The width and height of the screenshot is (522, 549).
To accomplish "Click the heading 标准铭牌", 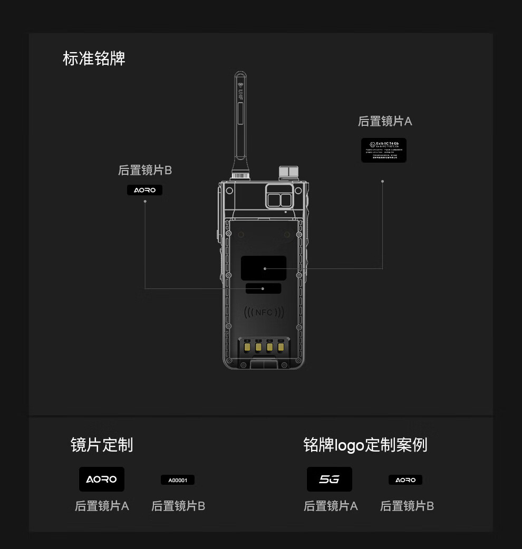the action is pyautogui.click(x=94, y=58).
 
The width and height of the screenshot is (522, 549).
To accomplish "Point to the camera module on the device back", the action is pyautogui.click(x=279, y=196).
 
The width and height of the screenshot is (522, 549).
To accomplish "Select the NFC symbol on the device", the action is pyautogui.click(x=264, y=312).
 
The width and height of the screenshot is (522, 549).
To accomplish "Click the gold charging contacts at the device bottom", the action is pyautogui.click(x=264, y=346).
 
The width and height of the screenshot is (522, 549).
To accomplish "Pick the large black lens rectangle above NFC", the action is pyautogui.click(x=264, y=268).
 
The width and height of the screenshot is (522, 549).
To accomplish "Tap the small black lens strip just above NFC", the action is pyautogui.click(x=263, y=288).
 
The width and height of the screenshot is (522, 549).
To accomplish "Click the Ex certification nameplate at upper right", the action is pyautogui.click(x=383, y=150).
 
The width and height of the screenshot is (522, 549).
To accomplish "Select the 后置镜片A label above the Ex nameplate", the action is pyautogui.click(x=385, y=121).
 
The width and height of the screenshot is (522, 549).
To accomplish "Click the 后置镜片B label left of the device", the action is pyautogui.click(x=145, y=170).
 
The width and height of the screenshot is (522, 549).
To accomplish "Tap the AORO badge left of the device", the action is pyautogui.click(x=144, y=190).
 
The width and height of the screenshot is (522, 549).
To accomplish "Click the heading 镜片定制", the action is pyautogui.click(x=102, y=445).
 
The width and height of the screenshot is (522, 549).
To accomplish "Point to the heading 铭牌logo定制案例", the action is pyautogui.click(x=365, y=445).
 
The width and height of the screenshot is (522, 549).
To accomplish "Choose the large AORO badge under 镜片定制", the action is pyautogui.click(x=102, y=480).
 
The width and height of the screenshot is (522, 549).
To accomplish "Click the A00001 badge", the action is pyautogui.click(x=178, y=480).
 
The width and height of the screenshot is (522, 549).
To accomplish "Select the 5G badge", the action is pyautogui.click(x=330, y=480).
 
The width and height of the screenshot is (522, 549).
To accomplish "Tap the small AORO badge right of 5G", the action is pyautogui.click(x=405, y=480).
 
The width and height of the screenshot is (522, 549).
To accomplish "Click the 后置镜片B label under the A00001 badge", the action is pyautogui.click(x=178, y=506).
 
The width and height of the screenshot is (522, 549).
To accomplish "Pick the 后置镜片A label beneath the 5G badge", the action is pyautogui.click(x=331, y=506).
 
